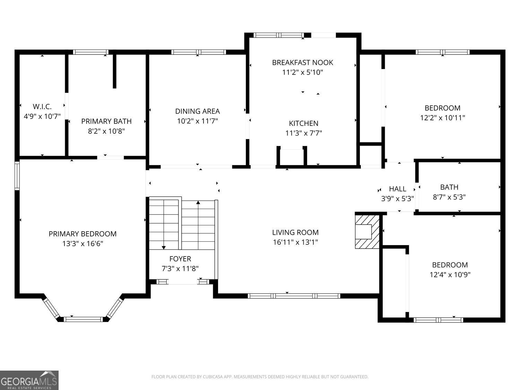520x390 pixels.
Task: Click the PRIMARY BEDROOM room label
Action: point(83,234)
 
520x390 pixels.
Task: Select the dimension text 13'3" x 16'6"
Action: point(83,244)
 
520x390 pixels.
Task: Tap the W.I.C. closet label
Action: point(42,106)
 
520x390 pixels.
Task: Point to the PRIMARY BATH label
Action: point(106,121)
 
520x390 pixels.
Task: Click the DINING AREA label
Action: point(197,111)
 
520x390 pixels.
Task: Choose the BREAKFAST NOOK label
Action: point(302,62)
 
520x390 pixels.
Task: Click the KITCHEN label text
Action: point(303,123)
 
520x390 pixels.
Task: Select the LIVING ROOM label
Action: point(295,233)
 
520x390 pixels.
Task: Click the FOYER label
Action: point(180,259)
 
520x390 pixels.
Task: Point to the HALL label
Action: point(397,189)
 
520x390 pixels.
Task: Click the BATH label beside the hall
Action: point(449,187)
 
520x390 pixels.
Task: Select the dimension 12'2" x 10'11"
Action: point(442,118)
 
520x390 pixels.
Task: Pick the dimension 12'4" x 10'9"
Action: point(450,275)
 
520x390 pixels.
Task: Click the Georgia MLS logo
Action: point(29,380)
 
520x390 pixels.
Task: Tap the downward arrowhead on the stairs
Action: point(163,247)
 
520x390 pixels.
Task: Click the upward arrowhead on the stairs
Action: point(198,202)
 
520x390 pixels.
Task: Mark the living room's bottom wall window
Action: point(294,296)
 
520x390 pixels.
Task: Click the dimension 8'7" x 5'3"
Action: point(449,197)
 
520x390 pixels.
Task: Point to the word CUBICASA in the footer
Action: point(213,377)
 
